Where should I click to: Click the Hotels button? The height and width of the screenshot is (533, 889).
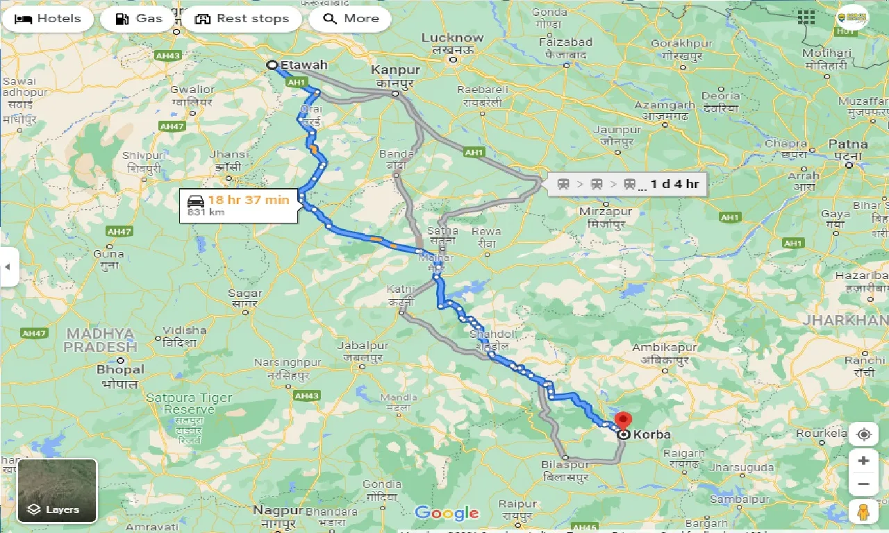coord(47,19)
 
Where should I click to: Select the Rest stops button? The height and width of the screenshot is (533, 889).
coord(242,19)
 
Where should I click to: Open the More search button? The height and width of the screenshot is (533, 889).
coord(350,19)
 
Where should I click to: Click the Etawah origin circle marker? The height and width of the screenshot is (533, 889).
coord(272,65)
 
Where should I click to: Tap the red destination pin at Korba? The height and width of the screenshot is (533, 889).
coord(623,421)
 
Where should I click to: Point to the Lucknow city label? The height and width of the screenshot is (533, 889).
coord(452,38)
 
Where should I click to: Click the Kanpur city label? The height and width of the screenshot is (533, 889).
coord(395,70)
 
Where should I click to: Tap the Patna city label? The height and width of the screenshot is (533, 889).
coord(848,144)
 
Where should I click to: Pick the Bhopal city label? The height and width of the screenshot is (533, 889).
coord(120,370)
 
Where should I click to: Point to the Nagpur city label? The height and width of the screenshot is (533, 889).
coord(278,510)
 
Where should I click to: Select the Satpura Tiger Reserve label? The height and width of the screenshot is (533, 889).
coord(179,403)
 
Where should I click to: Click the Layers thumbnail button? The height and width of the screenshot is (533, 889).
coord(57,491)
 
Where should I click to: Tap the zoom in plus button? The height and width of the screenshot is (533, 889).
coord(863,460)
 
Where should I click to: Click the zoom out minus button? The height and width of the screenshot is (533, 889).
coord(863,484)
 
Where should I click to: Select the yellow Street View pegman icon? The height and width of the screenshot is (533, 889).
coord(863,511)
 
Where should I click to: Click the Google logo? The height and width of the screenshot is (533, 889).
coord(447,514)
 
